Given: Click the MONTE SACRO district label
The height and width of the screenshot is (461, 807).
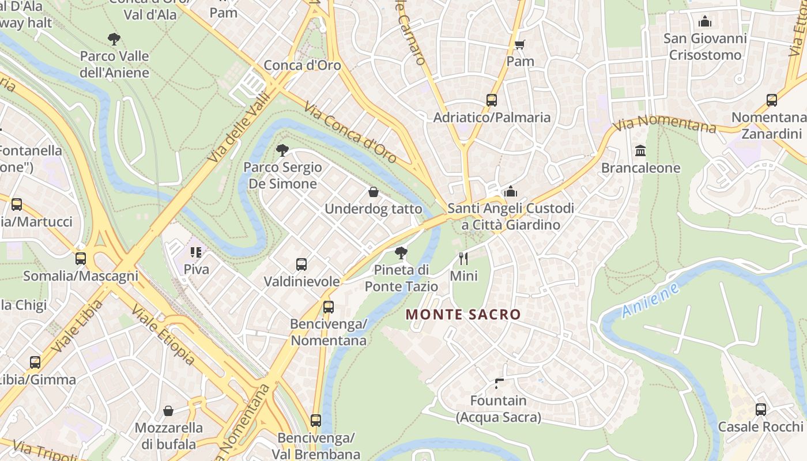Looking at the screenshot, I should coord(463,315).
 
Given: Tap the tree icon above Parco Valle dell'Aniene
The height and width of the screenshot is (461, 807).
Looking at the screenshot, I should coord(114,40).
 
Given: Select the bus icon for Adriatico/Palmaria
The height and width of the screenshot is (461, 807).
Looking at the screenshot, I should coord(492,100).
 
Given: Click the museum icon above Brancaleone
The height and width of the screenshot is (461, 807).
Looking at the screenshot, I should coord(640,151).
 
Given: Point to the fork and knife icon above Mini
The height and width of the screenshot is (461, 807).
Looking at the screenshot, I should coord(463,259).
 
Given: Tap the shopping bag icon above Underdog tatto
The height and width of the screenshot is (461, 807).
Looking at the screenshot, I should coord(374,192).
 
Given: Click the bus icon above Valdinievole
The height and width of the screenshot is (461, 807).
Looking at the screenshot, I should coord(301,264).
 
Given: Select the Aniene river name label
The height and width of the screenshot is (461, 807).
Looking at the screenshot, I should coord(651,300).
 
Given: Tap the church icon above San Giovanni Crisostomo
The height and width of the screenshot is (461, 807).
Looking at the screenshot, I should coord(704,22).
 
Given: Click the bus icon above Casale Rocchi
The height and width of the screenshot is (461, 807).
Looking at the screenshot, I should coord(761,410).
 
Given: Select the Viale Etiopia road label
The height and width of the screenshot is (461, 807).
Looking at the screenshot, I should coord(163,335).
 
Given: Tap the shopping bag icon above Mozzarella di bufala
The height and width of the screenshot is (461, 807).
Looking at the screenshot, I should coord(168,411).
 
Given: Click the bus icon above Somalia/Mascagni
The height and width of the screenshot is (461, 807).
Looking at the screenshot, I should coord(81,259).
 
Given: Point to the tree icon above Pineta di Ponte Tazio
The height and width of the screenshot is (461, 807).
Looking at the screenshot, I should coord(401,253).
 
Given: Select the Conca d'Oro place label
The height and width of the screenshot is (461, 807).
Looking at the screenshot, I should coord(302,65).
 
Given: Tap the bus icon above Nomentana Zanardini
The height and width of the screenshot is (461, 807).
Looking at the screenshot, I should coord(772,100).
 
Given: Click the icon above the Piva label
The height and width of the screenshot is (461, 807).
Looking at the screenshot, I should coord(196,252).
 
